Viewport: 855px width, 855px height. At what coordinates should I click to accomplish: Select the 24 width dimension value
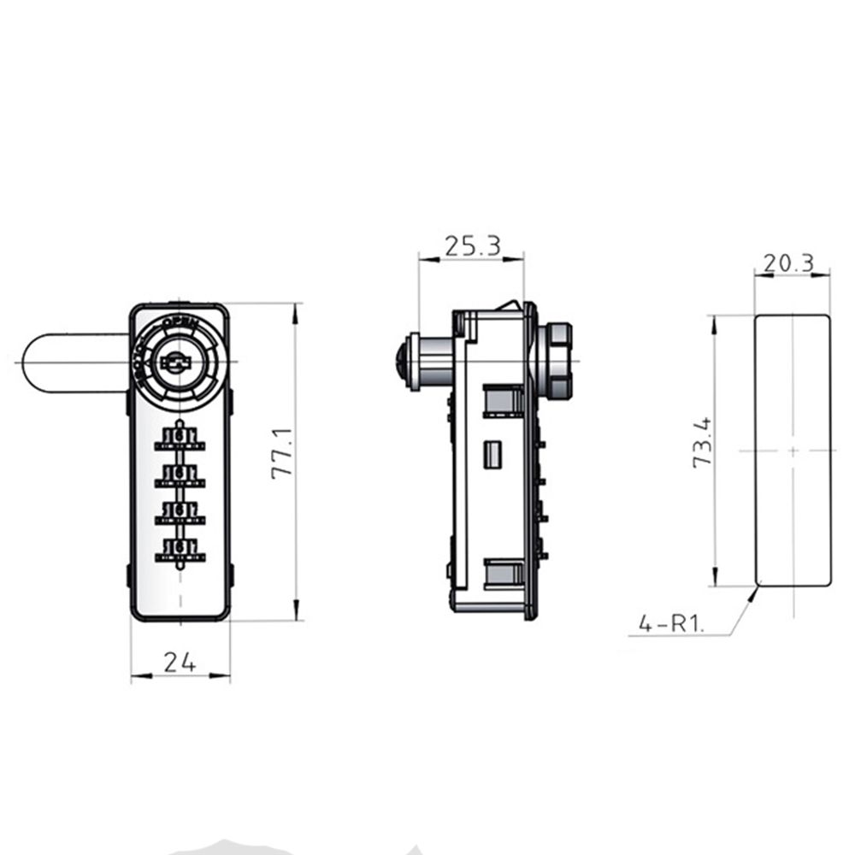click(x=180, y=661)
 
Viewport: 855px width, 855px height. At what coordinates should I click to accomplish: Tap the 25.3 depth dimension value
click(x=471, y=246)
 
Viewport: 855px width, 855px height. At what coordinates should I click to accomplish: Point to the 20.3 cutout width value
click(x=788, y=264)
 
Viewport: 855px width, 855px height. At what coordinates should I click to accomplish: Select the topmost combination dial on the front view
click(x=180, y=439)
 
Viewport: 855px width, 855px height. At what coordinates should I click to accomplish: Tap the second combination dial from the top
click(x=180, y=475)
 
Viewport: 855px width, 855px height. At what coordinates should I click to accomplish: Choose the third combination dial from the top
click(x=180, y=512)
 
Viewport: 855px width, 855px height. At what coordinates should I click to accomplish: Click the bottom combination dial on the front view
click(x=180, y=549)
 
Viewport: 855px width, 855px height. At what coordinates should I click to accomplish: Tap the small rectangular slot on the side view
click(x=492, y=454)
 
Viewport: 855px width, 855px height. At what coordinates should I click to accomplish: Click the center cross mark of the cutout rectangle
click(x=793, y=450)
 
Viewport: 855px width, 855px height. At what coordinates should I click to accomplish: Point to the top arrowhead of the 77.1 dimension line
click(x=296, y=311)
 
